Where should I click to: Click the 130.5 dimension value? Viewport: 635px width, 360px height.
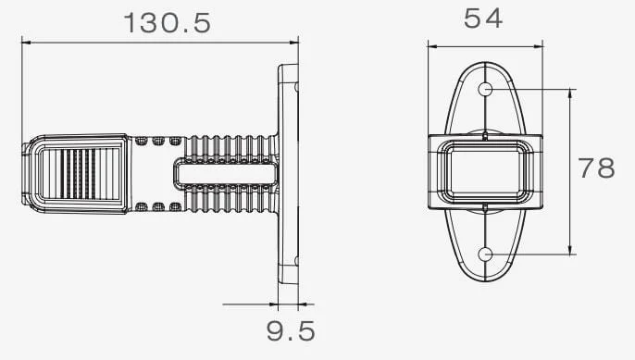pyautogui.click(x=167, y=23)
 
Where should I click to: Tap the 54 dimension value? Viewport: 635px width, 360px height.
pyautogui.click(x=483, y=19)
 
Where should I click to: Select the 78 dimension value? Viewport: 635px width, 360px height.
pyautogui.click(x=596, y=168)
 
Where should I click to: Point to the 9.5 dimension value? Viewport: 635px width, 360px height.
pyautogui.click(x=291, y=330)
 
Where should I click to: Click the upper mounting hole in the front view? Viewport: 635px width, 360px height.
pyautogui.click(x=485, y=89)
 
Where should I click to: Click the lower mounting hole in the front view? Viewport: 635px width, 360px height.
pyautogui.click(x=485, y=254)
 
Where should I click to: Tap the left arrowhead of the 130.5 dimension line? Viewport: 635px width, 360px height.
pyautogui.click(x=26, y=42)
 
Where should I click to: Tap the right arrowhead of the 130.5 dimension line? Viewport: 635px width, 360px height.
pyautogui.click(x=293, y=42)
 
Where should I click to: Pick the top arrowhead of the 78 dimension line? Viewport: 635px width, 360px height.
pyautogui.click(x=570, y=93)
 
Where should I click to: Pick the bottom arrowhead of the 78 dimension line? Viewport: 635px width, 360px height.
pyautogui.click(x=570, y=250)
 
